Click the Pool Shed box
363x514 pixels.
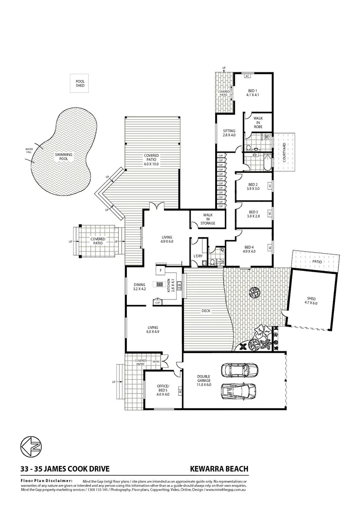[80, 83]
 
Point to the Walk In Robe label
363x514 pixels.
[258, 122]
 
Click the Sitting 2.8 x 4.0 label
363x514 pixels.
[229, 132]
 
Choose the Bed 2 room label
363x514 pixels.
[253, 187]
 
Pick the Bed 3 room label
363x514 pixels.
[253, 214]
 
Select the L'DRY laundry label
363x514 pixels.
[198, 257]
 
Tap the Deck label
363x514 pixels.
[205, 311]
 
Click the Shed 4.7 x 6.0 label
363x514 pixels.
[311, 301]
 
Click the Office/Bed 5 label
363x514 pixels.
[163, 391]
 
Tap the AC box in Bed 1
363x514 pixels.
[248, 76]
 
